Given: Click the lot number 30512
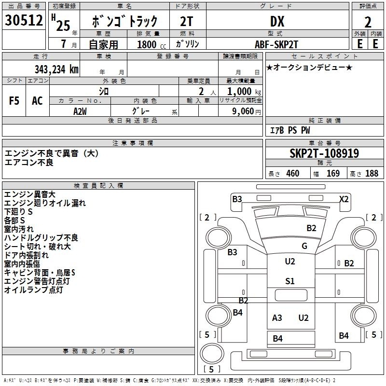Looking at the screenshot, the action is (24, 20).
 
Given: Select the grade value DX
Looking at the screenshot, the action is (277, 21).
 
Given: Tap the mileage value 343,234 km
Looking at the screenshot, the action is (56, 69).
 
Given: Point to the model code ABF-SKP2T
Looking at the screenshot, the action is (276, 44).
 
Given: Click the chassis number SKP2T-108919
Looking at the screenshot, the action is (324, 153).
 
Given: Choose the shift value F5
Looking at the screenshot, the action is (14, 101).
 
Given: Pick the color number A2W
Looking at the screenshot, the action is (80, 111).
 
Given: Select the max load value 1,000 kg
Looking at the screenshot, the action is (244, 92).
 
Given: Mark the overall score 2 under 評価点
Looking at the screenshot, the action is (368, 22).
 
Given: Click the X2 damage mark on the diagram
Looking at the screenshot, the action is (344, 199).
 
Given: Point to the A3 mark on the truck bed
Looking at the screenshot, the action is (277, 317).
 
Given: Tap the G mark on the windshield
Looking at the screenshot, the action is (304, 246).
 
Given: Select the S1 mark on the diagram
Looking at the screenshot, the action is (290, 281).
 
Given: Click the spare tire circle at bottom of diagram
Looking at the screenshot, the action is (212, 353).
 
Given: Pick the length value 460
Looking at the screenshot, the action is (293, 173).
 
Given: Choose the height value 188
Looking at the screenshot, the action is (372, 173).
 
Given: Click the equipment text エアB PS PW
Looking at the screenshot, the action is (290, 130).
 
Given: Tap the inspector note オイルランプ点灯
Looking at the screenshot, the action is (33, 290).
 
